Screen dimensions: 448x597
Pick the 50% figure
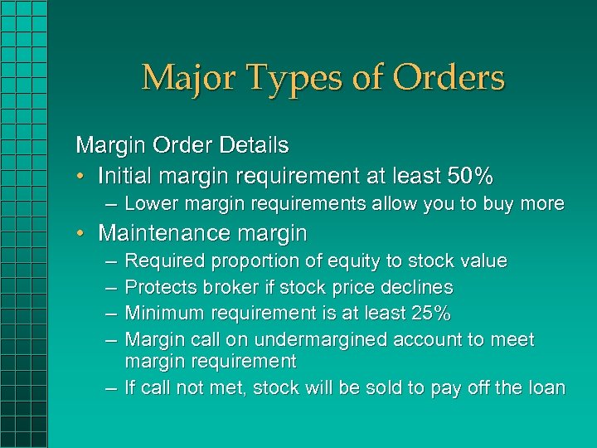tap(470, 176)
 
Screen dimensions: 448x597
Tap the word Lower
tap(148, 204)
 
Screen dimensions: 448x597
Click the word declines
tap(421, 288)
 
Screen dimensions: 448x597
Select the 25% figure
tap(431, 314)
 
